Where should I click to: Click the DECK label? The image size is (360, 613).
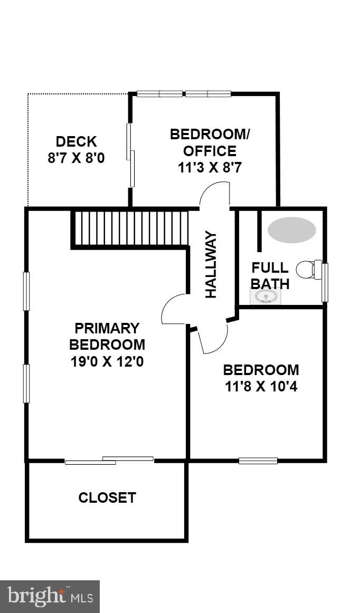click(77, 141)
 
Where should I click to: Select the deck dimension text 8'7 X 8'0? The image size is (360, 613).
click(77, 158)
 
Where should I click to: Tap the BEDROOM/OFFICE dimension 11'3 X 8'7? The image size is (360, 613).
click(210, 168)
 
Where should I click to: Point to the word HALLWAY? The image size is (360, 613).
click(211, 264)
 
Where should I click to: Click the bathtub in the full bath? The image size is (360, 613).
click(291, 230)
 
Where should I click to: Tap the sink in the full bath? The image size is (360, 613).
click(265, 296)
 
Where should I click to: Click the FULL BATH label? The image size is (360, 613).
click(270, 275)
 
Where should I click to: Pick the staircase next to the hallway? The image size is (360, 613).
click(130, 228)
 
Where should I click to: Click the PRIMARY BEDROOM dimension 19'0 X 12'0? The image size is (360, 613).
click(107, 362)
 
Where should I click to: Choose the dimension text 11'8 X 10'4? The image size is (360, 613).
click(261, 387)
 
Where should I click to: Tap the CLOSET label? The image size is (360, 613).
click(107, 497)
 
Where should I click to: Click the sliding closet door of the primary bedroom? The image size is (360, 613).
click(109, 461)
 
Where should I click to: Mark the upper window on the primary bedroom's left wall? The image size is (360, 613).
click(26, 291)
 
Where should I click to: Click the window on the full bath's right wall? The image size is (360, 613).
click(325, 283)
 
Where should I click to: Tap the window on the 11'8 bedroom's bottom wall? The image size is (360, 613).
click(258, 461)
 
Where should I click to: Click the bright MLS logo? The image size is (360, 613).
click(50, 597)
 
